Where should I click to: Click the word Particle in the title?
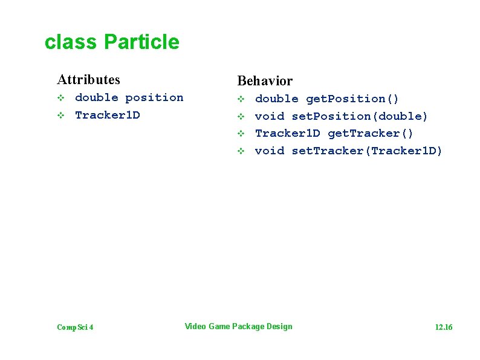point(141,42)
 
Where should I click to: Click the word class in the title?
point(71,42)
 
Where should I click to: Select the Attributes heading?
point(88,79)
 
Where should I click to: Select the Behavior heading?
point(265,80)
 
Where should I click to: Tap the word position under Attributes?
point(154,97)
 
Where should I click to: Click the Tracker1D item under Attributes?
point(107,115)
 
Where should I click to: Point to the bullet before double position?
point(60,98)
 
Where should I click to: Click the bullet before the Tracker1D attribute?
point(60,116)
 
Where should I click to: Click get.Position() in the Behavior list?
point(352,99)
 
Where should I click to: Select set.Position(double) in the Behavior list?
point(360,116)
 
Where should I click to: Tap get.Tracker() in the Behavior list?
point(371,133)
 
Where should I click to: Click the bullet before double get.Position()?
point(240,99)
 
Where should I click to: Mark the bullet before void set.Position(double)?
point(240,116)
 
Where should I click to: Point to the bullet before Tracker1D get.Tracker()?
point(240,133)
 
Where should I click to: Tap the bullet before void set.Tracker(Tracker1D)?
point(240,151)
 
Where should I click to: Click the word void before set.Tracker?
point(270,151)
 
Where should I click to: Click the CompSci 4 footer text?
point(75,327)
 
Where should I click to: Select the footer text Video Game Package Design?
point(238,327)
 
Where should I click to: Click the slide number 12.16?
point(443,327)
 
